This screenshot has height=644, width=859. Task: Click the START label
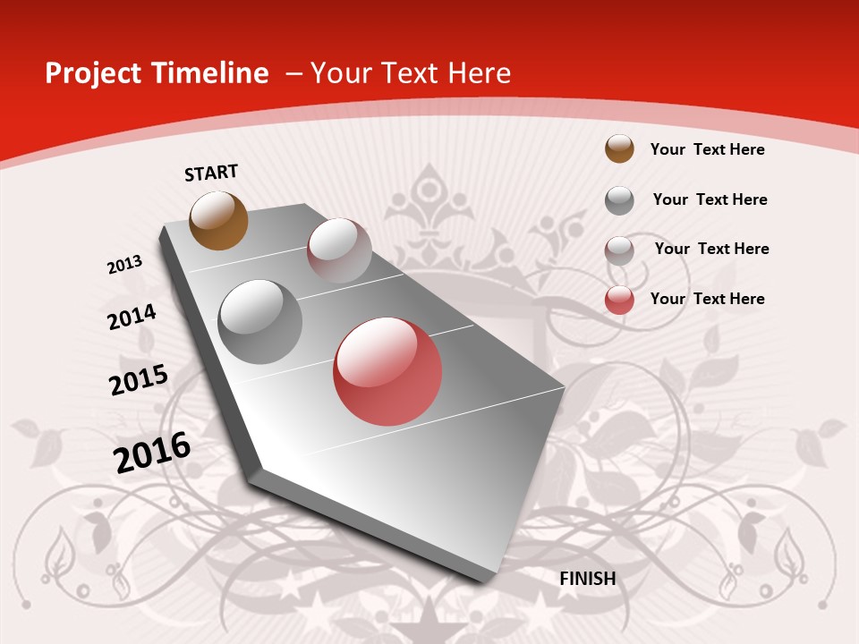pos(211,172)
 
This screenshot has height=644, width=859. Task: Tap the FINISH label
pos(588,579)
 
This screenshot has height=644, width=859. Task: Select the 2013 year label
pos(124,265)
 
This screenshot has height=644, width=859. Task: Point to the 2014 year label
pos(132,317)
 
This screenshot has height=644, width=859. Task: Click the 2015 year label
pos(139,379)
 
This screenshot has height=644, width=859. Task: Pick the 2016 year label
pos(152,453)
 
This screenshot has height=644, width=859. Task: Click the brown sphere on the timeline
pos(218,220)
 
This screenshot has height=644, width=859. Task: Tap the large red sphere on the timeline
pos(387,371)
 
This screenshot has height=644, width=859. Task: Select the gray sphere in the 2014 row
pos(260,321)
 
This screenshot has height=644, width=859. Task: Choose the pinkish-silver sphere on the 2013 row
pos(339,250)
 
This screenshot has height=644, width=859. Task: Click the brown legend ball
pos(619,148)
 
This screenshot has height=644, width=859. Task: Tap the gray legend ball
pos(619,199)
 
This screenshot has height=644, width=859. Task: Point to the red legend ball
pos(619,300)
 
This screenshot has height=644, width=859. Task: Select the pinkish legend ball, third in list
pos(619,250)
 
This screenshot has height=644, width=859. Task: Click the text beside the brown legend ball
pos(707,149)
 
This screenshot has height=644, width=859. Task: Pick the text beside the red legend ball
pos(707,299)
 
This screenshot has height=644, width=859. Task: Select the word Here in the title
pos(479,73)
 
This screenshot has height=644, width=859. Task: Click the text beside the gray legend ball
pos(710,199)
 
